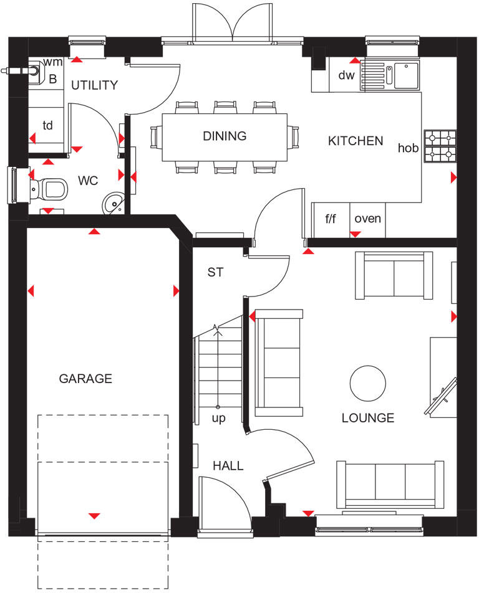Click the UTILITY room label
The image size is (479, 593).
tap(94, 85)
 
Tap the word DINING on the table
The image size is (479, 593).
tap(225, 136)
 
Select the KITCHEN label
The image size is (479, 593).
tap(356, 141)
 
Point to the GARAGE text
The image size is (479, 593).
tap(85, 378)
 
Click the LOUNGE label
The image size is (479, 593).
tap(368, 418)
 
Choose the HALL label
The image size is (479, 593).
tap(228, 466)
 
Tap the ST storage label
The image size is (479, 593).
tap(215, 272)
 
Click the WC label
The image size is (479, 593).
tap(88, 181)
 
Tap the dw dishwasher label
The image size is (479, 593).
tap(346, 75)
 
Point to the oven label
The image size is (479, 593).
tap(367, 219)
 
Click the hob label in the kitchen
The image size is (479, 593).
tap(408, 148)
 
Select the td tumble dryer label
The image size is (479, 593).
tap(47, 125)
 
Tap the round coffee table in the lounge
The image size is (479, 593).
tap(367, 382)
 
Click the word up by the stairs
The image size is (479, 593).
tap(218, 418)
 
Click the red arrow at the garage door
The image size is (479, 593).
tap(94, 516)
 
